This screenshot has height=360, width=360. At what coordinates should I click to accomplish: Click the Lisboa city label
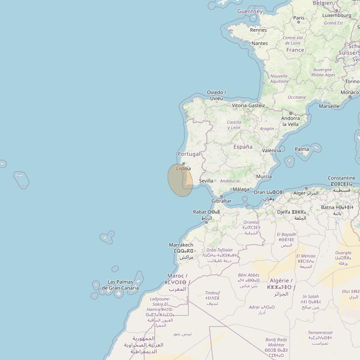coord(184,169)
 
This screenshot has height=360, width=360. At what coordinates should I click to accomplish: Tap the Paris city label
coord(299,18)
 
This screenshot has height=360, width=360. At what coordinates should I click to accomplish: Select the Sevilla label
coord(206,181)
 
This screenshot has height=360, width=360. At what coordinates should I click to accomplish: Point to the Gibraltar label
coord(221,201)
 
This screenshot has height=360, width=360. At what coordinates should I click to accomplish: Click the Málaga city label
coord(241,189)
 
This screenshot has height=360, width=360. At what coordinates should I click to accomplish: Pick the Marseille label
coord(329,106)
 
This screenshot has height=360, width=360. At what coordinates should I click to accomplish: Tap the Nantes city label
coord(259,43)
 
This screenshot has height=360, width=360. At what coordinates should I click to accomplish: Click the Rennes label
coord(258,30)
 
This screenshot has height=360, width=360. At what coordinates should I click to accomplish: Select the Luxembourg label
coord(337,15)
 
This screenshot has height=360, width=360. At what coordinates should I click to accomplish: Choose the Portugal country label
coord(189,154)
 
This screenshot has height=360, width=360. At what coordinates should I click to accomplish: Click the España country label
coord(243,146)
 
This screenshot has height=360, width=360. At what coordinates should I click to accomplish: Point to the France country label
coord(295,50)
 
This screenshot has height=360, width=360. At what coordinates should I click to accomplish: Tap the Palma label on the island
coord(302,149)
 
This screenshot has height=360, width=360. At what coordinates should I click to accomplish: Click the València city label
coord(271,150)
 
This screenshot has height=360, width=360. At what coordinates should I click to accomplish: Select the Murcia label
coord(264,176)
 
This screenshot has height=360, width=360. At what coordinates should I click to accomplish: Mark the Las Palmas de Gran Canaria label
coord(120,285)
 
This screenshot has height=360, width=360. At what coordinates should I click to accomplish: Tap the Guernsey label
coord(250,11)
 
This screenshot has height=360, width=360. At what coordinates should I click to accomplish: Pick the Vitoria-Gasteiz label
coord(249,105)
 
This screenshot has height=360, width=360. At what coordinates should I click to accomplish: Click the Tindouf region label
coord(213,292)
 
